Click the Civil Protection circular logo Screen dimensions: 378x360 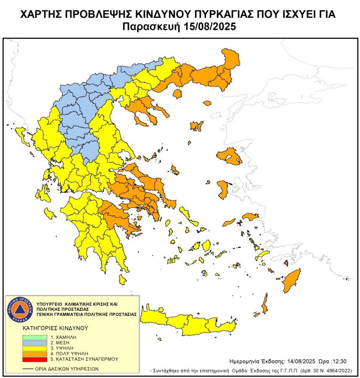[x=19, y=310]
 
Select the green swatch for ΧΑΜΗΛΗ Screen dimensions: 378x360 [x=35, y=337]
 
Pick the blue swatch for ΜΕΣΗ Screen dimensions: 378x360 [x=35, y=342]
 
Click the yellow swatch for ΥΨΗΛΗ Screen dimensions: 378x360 [x=35, y=348]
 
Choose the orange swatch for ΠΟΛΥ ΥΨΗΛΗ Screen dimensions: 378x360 [x=35, y=353]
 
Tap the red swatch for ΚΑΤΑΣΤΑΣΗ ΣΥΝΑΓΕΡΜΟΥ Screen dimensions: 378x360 [x=35, y=359]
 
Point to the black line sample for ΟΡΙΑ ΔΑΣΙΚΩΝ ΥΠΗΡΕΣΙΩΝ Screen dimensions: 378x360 [x=28, y=368]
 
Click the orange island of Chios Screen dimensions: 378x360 [x=222, y=188]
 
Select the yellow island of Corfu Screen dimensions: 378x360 [x=19, y=133]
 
